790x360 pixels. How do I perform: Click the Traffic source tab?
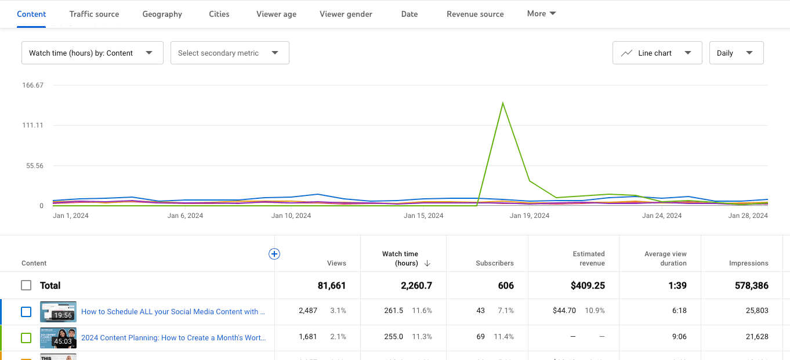(94, 14)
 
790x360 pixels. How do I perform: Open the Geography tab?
(162, 14)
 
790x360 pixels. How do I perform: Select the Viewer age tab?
(276, 14)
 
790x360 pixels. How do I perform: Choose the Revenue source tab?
(475, 14)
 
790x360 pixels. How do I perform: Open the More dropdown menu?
(541, 13)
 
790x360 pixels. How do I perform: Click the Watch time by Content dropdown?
(92, 53)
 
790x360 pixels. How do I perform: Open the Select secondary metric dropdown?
(230, 53)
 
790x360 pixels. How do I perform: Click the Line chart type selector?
(657, 53)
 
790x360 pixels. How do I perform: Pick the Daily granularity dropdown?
(736, 53)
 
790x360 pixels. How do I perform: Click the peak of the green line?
(502, 103)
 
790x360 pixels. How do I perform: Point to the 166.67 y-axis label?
(33, 85)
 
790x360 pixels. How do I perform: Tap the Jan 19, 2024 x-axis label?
(530, 216)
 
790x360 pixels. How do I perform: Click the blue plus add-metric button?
(274, 254)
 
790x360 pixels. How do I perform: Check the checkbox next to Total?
(26, 285)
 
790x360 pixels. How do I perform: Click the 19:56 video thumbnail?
(58, 311)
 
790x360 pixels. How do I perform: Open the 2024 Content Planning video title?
(173, 337)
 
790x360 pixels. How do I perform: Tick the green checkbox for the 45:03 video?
(26, 337)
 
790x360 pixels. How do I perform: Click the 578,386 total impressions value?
(748, 285)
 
